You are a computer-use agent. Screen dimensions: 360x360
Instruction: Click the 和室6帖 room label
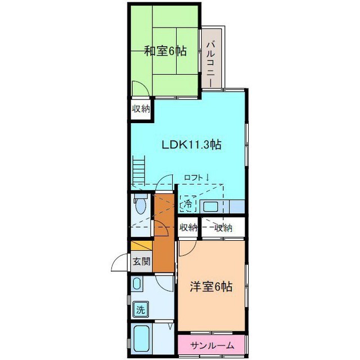(165, 51)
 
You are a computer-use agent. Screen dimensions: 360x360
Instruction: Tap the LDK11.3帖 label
(192, 145)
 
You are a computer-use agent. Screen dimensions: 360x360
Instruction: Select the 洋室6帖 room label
(211, 286)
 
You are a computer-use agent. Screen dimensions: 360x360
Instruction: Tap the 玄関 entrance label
(142, 261)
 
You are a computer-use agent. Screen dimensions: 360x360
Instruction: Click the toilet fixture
(140, 204)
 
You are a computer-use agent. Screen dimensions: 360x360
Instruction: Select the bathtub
(141, 339)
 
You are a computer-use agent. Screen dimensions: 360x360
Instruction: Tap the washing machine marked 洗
(141, 310)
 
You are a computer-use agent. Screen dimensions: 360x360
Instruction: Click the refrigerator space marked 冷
(188, 203)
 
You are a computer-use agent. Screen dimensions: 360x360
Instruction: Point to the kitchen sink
(209, 206)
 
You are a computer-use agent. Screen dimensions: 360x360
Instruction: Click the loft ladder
(139, 170)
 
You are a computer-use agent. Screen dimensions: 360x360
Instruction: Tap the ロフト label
(196, 178)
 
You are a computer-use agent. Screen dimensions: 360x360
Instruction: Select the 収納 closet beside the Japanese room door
(141, 109)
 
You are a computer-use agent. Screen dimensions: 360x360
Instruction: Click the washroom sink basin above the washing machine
(137, 283)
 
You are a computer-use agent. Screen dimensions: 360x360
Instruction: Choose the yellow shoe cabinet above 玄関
(141, 246)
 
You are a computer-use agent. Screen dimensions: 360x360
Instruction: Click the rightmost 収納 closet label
(223, 228)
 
